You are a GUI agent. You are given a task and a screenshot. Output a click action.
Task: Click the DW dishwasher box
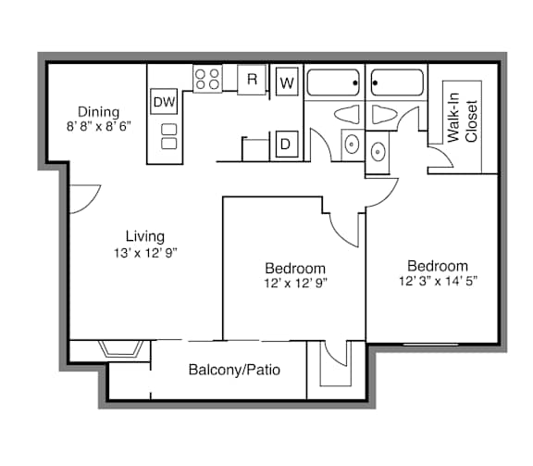tap(164, 101)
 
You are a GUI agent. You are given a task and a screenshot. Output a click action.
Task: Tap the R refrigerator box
tap(252, 80)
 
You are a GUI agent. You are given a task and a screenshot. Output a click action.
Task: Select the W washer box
tap(287, 82)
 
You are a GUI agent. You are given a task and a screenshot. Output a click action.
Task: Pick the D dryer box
tap(287, 145)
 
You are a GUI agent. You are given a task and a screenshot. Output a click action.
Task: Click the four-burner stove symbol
tap(207, 79)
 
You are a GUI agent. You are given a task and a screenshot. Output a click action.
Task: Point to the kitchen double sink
tap(169, 136)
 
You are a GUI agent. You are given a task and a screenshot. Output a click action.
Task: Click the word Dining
tap(99, 112)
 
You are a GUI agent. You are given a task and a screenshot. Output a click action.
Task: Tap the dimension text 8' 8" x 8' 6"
tap(99, 127)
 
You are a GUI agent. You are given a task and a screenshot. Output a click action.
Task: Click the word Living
tap(145, 236)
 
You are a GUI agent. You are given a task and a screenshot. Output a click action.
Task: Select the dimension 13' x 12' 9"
tap(145, 253)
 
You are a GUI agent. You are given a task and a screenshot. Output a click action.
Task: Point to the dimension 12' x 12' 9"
tap(295, 283)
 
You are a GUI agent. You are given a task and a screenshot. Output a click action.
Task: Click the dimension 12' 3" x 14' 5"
tap(439, 281)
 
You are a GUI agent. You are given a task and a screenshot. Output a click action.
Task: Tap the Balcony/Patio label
tap(234, 370)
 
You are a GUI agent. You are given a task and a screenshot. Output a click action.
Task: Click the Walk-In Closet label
tap(463, 118)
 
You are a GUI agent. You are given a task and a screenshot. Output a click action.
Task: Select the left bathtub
tap(333, 82)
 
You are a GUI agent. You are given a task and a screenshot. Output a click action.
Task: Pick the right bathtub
tap(397, 82)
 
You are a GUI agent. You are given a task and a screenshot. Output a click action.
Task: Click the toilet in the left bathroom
tap(347, 114)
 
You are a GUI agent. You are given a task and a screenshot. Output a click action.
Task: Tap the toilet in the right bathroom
tap(384, 114)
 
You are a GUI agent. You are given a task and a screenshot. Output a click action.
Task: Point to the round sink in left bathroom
tap(352, 145)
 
